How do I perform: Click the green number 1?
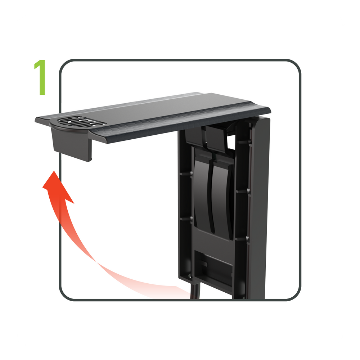[x=40, y=78]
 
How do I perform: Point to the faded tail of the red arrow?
[x=169, y=288]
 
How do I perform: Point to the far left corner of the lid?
[x=37, y=120]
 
